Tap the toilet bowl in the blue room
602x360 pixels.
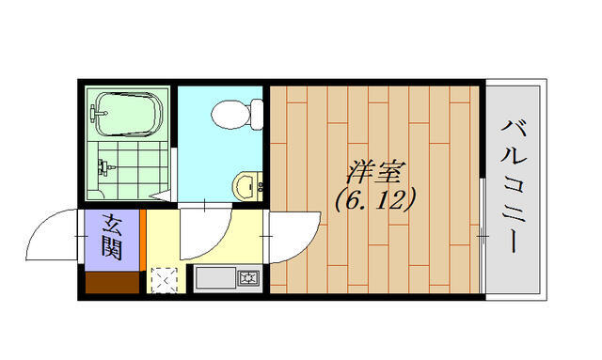coord(230,116)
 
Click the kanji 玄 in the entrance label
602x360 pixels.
coord(112,227)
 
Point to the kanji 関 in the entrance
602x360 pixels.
coord(112,249)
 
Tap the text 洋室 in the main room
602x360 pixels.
coord(373,173)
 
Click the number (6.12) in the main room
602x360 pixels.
coord(373,199)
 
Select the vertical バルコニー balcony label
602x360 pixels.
coord(513,184)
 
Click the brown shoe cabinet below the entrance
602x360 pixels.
coord(111,281)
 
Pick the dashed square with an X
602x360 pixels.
coord(164,281)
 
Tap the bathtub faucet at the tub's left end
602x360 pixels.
coord(97,114)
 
